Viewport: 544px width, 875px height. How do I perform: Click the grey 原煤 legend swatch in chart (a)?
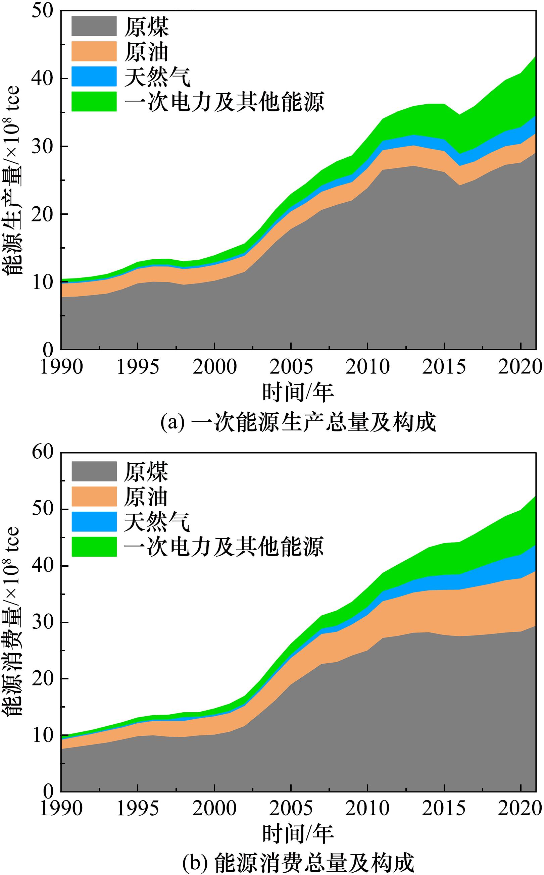click(94, 26)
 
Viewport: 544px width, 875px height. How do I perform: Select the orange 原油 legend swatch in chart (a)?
click(94, 51)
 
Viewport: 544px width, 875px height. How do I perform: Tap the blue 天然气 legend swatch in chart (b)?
click(94, 521)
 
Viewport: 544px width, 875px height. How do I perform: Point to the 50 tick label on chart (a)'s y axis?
click(43, 11)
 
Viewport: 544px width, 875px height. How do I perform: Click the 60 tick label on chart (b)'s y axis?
click(43, 452)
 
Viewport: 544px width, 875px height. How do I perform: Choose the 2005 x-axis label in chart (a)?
click(291, 366)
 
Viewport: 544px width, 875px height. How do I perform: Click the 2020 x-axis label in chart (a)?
click(520, 366)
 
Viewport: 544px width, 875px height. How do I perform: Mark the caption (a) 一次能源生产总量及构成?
click(298, 423)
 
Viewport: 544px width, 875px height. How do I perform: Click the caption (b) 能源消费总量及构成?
click(298, 864)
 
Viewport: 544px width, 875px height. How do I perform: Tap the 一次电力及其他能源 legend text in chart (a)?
click(224, 102)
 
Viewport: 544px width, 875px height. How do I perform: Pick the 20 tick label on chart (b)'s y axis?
click(43, 679)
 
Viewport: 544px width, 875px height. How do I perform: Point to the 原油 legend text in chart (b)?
click(146, 497)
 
